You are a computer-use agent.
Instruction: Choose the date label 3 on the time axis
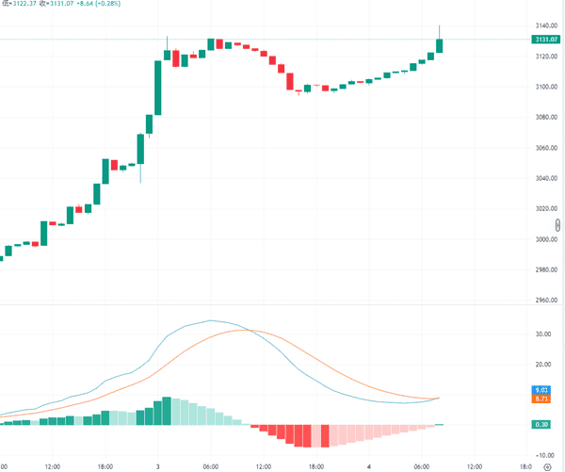click(x=156, y=465)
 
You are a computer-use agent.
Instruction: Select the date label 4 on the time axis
click(x=369, y=465)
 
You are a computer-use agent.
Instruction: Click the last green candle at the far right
click(x=440, y=45)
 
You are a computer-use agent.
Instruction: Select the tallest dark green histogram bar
click(x=167, y=412)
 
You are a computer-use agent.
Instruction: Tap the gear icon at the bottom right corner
click(x=557, y=464)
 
